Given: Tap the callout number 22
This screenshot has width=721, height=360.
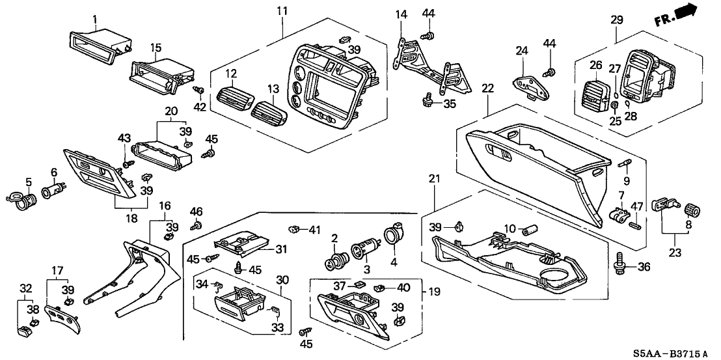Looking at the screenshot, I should click(x=488, y=88).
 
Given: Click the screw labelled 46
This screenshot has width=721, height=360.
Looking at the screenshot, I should click(x=195, y=226).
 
